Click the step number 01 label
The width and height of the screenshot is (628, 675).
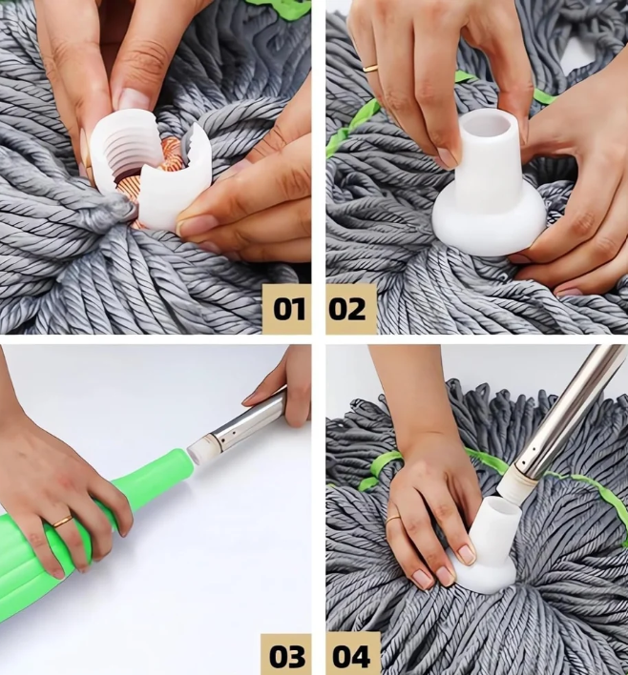[289, 309]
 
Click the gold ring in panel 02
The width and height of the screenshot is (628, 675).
[370, 69]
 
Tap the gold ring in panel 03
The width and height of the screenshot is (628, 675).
[62, 522]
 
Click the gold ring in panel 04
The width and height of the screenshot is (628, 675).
[394, 519]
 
